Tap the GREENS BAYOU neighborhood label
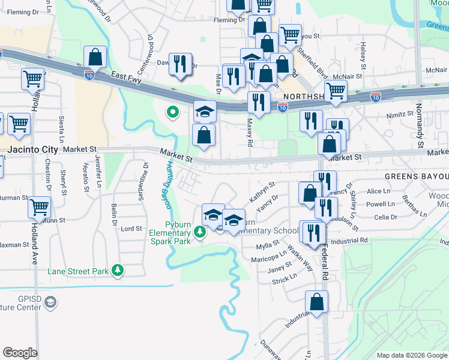[x=417, y=177]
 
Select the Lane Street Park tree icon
[x=118, y=271]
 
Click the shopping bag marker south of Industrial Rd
[x=316, y=303]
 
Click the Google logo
[x=20, y=353]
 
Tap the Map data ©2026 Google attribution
[x=411, y=355]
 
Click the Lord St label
[x=131, y=229]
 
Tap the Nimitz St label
[x=400, y=113]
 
